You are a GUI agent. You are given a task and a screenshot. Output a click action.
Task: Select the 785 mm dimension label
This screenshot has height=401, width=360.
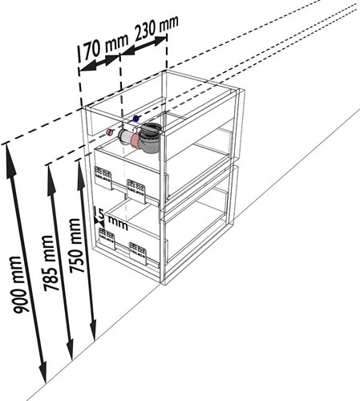[x=50, y=263]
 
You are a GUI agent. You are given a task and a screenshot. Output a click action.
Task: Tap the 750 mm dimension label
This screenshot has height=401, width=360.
[x=75, y=245]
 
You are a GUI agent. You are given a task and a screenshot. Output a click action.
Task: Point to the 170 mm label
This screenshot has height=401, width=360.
[x=103, y=47]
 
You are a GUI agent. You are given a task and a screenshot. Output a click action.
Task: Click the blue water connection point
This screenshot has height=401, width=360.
[x=136, y=118]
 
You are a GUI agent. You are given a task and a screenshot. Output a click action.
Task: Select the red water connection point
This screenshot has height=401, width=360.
[x=110, y=132]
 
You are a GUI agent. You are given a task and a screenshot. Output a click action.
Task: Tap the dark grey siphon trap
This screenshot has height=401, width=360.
[x=152, y=138]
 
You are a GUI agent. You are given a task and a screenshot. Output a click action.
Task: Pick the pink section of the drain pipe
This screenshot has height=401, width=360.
[x=136, y=141]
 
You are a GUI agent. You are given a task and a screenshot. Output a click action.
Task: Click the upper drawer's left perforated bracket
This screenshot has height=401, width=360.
[x=103, y=177]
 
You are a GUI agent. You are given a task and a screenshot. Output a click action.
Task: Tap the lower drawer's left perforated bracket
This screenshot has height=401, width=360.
[x=107, y=239]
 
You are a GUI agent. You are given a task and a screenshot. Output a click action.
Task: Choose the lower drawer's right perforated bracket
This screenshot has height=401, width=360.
[x=138, y=253]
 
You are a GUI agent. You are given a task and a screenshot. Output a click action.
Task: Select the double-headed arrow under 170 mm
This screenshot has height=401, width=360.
[x=99, y=63]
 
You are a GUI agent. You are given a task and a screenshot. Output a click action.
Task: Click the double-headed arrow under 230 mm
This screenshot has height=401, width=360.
[x=144, y=46]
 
